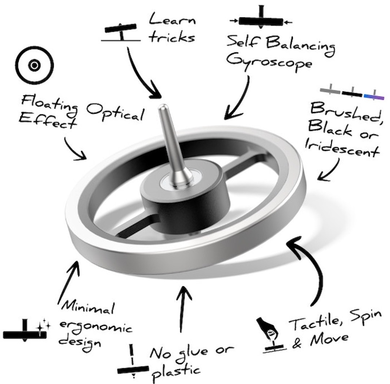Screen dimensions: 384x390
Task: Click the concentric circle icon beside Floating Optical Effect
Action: pyautogui.click(x=35, y=66)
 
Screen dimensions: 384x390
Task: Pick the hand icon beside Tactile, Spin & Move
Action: pyautogui.click(x=269, y=330)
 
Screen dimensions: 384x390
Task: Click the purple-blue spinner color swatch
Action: pyautogui.click(x=374, y=96)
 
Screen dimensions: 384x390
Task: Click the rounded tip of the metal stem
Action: pyautogui.click(x=164, y=107)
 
